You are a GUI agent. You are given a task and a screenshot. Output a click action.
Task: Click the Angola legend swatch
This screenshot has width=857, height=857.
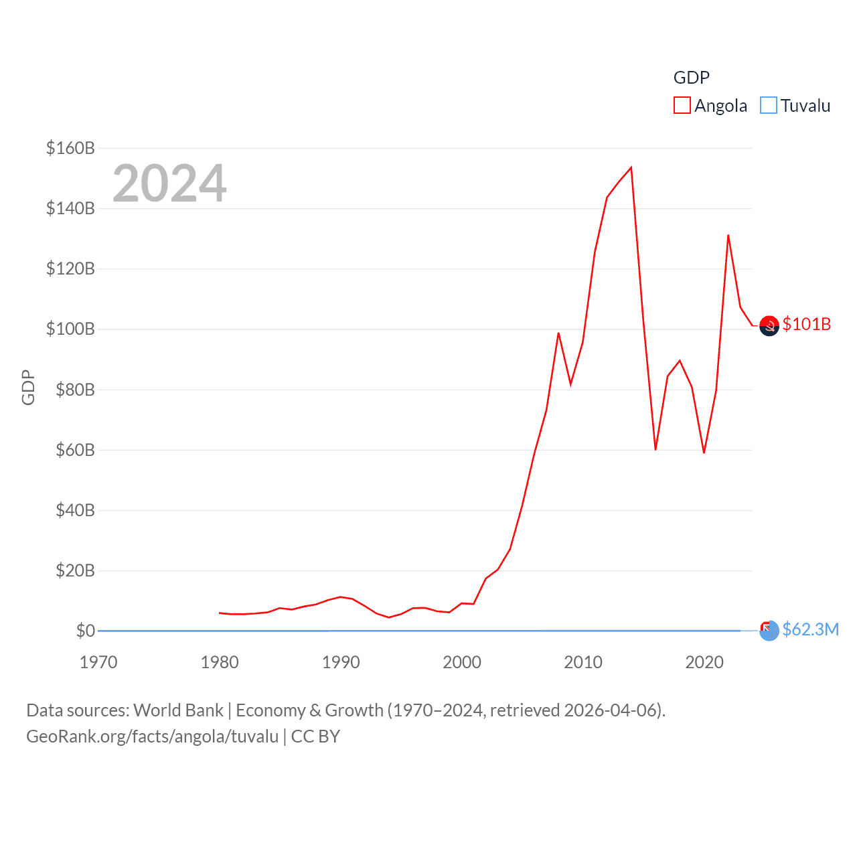682,106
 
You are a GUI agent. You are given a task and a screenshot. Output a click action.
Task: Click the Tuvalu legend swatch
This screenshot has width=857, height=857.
769,106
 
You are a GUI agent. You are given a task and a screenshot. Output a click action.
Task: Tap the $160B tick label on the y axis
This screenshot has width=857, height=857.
70,148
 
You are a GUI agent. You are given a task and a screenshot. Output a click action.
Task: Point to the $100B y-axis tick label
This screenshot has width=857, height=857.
70,329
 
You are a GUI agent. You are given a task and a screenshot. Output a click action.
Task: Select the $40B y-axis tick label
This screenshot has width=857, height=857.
74,510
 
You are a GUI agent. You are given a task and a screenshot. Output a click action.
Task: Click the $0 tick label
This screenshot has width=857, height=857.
85,631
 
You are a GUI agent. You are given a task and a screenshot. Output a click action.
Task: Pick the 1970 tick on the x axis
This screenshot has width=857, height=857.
98,662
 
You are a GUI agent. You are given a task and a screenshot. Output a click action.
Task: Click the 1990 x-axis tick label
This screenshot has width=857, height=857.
341,662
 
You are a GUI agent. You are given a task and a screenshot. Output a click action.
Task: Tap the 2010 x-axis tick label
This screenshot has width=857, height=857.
583,662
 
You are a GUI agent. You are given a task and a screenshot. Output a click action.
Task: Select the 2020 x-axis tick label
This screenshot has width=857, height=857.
704,662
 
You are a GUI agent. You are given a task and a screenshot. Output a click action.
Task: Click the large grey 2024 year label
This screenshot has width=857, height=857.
169,183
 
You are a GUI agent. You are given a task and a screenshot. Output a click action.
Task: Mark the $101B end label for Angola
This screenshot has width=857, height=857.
807,324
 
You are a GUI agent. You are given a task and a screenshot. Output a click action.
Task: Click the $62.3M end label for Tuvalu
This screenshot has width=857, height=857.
810,629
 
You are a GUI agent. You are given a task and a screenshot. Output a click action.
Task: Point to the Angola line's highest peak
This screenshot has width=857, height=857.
631,167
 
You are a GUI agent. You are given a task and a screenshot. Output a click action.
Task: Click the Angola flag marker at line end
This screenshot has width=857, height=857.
769,326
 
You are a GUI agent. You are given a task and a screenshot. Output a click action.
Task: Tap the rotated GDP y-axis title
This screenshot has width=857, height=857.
28,387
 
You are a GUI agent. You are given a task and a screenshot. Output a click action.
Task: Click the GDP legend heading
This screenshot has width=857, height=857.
691,78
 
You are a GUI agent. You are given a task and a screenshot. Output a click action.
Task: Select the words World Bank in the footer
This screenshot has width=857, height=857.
178,710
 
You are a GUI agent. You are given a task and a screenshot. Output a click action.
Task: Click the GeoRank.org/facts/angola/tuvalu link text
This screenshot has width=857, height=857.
152,736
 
